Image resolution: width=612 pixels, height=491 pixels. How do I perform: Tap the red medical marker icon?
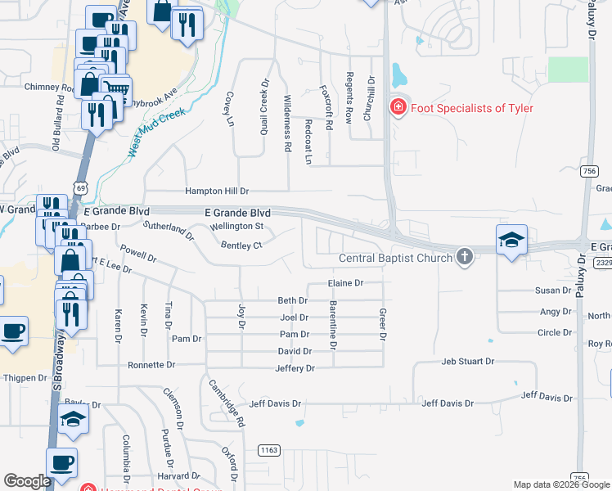tap(398, 107)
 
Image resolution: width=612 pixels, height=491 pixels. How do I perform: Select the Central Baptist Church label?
tap(397, 259)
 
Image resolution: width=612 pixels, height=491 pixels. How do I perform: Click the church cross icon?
tap(465, 257)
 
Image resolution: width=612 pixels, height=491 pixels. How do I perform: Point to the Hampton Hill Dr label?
tap(216, 191)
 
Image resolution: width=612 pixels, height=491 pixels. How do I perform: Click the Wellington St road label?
tap(236, 226)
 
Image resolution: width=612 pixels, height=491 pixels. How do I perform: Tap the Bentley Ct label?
tap(241, 245)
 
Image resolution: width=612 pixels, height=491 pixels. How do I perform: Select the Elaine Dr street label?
tap(344, 283)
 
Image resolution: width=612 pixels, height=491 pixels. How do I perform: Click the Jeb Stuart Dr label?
tap(468, 361)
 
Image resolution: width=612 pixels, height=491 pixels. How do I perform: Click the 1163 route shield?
tap(268, 450)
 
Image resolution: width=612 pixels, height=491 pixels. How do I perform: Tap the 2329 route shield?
tap(603, 263)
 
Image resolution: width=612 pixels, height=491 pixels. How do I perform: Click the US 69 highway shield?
tap(80, 187)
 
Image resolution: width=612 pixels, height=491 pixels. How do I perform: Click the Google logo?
tap(27, 481)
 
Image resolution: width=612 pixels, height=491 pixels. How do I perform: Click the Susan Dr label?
tap(553, 291)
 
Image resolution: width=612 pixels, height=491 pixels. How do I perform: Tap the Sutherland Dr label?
tap(168, 231)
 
